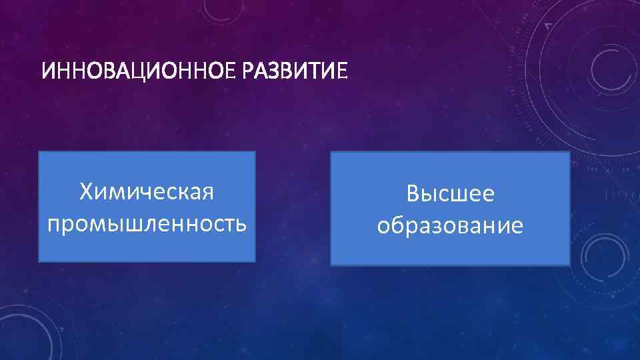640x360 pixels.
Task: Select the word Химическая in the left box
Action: (x=147, y=192)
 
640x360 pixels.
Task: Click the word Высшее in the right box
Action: (x=451, y=194)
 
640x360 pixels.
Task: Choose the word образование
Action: (x=451, y=225)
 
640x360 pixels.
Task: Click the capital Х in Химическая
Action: (x=86, y=192)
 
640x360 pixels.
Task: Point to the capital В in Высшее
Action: (x=413, y=194)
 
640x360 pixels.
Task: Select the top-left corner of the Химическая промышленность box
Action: (x=39, y=152)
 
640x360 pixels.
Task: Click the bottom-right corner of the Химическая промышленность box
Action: (x=255, y=261)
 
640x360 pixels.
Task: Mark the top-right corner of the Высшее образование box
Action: (x=570, y=152)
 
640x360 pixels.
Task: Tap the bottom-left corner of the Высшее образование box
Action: (x=331, y=265)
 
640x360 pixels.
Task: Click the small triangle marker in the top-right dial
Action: (x=549, y=25)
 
